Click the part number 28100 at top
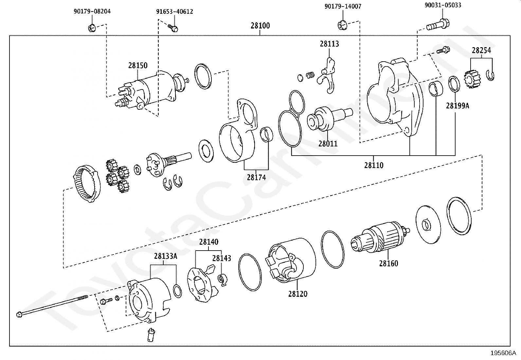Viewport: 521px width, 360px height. pos(260,26)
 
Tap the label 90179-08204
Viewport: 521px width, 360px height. pos(92,11)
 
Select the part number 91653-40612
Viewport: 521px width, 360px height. pos(174,12)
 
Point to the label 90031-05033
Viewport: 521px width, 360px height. pos(443,5)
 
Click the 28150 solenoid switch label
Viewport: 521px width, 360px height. pos(137,66)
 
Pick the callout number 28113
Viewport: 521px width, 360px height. pos(329,44)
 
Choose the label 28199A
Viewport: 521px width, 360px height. pos(457,106)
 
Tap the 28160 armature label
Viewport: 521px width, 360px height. pos(388,264)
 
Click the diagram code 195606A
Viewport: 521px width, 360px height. pos(503,353)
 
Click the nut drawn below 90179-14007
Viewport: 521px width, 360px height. pos(342,25)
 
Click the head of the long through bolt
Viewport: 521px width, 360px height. pos(19,315)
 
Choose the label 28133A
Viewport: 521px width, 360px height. pos(166,256)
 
